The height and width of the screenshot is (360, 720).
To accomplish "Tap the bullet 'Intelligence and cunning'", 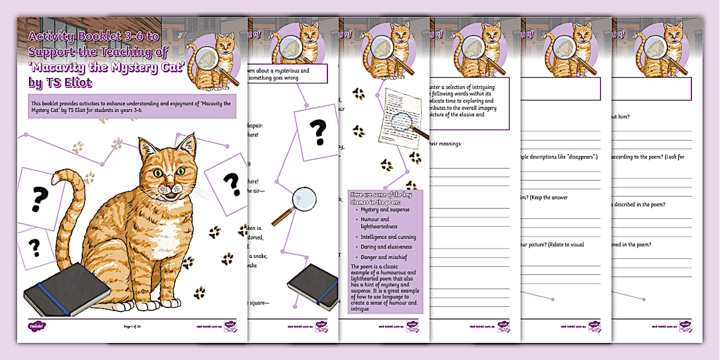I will click(388, 237).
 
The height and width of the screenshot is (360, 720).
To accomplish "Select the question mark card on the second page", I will click(318, 132).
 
